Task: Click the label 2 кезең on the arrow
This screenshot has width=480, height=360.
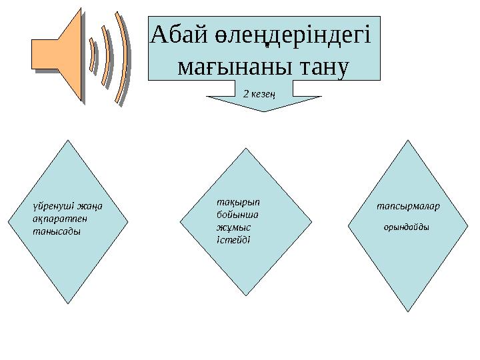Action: coord(259,94)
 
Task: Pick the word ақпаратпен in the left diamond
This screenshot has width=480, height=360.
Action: coord(55,218)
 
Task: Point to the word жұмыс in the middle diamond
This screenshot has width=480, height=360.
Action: coord(225,227)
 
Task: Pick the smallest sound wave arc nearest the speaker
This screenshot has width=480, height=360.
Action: coord(93,56)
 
